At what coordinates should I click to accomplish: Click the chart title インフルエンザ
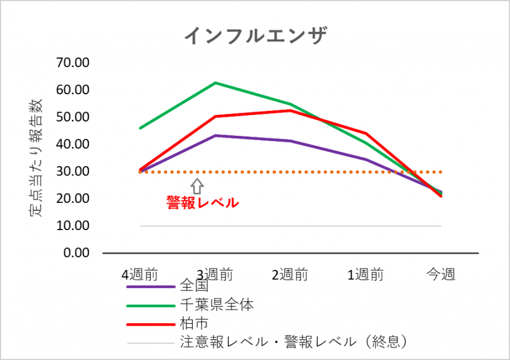[x=255, y=35]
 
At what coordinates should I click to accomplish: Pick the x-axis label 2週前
[x=290, y=275]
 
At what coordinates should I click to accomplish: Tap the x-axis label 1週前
[x=365, y=275]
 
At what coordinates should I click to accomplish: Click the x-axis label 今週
[x=441, y=275]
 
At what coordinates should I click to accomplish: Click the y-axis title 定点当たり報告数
[x=36, y=158]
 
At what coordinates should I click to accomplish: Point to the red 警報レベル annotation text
[x=202, y=203]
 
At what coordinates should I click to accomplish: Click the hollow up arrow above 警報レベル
[x=197, y=186]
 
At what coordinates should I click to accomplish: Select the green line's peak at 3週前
[x=215, y=83]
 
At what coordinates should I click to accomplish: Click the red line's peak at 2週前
[x=290, y=110]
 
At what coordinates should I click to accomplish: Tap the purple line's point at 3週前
[x=215, y=136]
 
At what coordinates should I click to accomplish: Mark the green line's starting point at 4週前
[x=140, y=128]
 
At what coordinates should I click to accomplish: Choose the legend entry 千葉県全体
[x=216, y=305]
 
